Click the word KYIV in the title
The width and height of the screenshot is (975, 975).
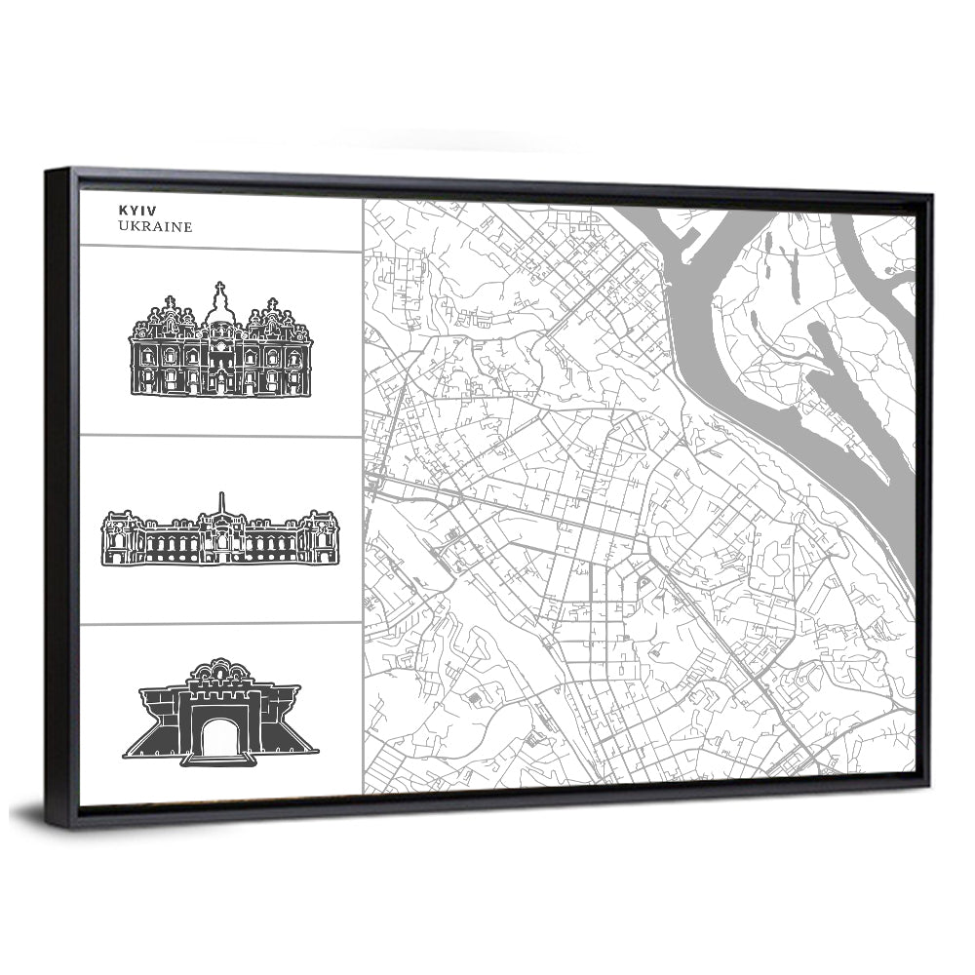[x=136, y=210]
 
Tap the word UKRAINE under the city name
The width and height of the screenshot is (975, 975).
[x=155, y=226]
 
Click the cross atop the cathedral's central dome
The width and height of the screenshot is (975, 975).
[x=219, y=287]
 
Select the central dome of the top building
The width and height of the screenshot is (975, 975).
[x=219, y=310]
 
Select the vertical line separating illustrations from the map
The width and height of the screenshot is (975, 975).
[x=362, y=487]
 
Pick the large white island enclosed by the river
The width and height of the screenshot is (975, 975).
[x=780, y=322]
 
